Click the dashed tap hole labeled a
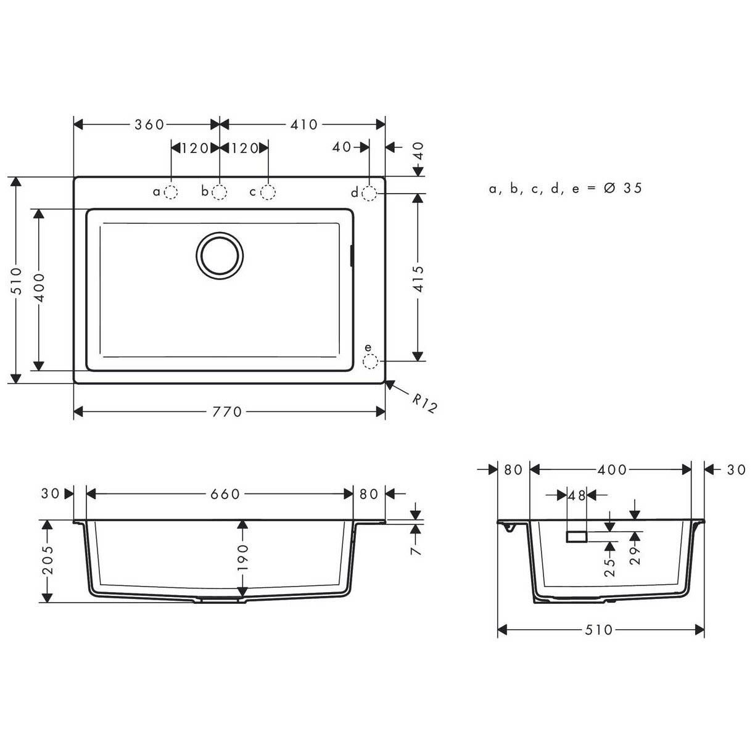pos(171,192)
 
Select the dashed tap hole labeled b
pos(220,192)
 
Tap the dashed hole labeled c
pos(268,192)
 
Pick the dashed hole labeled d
pos(369,193)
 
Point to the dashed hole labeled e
pos(371,361)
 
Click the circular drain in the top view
pos(220,256)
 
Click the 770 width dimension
pos(227,412)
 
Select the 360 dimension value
pos(149,125)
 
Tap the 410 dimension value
pos(304,125)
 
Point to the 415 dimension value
pos(418,279)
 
